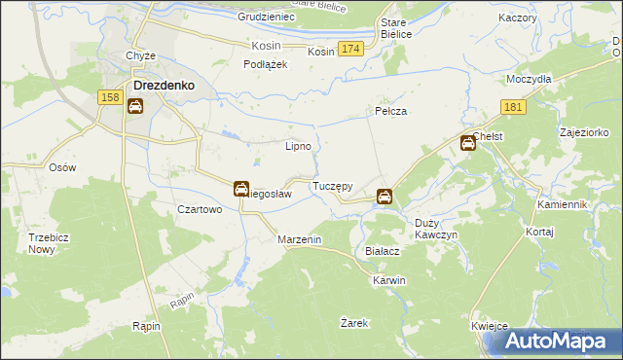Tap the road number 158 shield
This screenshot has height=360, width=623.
click(110, 97)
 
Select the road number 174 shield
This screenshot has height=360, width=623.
click(351, 49)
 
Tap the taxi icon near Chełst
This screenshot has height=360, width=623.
click(467, 144)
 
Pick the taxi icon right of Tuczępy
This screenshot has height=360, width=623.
click(385, 197)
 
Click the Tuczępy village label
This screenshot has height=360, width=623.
click(332, 185)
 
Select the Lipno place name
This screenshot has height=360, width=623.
click(297, 147)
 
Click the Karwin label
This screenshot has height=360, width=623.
click(388, 280)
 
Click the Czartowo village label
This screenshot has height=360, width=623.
click(200, 209)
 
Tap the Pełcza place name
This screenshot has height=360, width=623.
click(390, 112)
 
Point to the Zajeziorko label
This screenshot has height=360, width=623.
click(584, 131)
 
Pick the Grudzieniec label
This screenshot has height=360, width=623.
click(265, 18)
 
